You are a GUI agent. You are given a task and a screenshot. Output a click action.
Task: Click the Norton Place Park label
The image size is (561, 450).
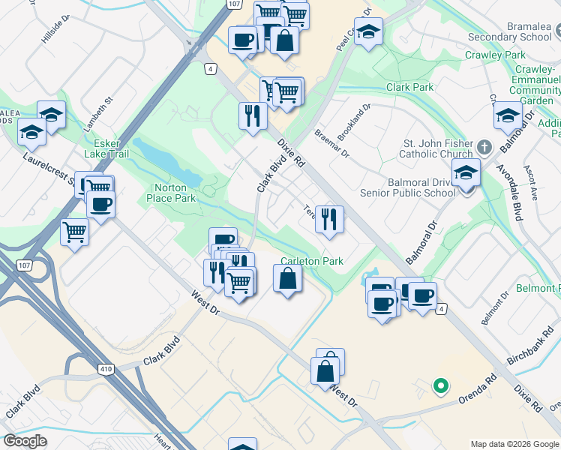(x=174, y=193)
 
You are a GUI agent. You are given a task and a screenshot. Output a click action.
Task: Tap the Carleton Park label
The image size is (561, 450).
(x=312, y=261)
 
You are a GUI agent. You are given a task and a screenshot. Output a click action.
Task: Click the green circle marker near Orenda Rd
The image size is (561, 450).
(x=441, y=386)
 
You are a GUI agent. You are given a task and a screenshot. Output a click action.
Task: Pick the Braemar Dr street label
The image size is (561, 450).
(x=332, y=142)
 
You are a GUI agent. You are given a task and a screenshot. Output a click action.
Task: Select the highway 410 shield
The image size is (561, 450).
(x=104, y=369)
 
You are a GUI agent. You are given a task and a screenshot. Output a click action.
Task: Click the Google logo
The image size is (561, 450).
(x=25, y=441)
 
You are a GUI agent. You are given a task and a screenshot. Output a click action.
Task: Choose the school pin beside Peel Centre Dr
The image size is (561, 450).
(x=368, y=32)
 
